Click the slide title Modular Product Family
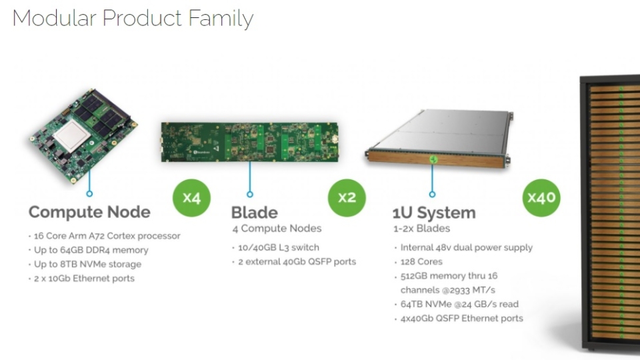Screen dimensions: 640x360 point(133,19)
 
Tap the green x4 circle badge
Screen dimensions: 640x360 point(191,198)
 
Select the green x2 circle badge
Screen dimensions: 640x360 point(347,198)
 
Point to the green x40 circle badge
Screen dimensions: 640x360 point(541,198)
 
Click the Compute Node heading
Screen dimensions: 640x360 point(89,212)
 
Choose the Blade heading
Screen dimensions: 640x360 point(254,213)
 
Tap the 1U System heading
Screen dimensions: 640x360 point(434,213)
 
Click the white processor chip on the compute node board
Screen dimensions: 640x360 point(72,135)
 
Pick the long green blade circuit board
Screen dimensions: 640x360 point(249,142)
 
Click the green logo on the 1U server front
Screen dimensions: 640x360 point(433,159)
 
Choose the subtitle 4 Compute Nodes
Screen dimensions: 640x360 point(277,229)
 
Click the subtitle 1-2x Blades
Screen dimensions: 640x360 point(421,229)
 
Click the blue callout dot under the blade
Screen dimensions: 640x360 point(250,194)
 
